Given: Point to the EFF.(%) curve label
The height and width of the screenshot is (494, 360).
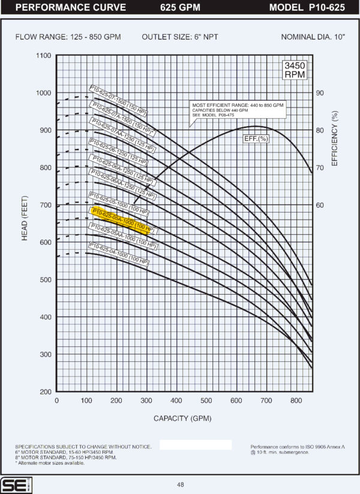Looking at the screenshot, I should point(255,139).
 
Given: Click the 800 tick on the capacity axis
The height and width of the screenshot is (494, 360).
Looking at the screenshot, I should point(296,401).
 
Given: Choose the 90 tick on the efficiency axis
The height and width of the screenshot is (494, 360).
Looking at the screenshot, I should point(320,93).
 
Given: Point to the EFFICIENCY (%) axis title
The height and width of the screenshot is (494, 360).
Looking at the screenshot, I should point(335,136).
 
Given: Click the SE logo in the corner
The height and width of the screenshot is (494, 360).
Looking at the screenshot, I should point(12,485).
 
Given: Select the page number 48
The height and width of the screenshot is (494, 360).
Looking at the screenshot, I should point(181,485).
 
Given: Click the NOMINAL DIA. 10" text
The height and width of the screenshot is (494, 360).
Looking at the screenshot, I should point(313,37).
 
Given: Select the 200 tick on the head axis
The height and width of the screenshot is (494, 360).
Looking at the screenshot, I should point(44,392).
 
